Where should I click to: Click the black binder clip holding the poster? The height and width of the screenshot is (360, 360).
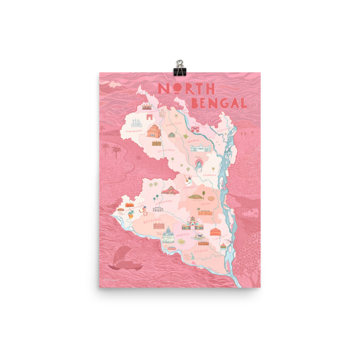(x=179, y=68)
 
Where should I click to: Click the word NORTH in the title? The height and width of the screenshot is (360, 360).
(x=186, y=89)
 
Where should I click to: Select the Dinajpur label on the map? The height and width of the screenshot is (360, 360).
(x=166, y=150)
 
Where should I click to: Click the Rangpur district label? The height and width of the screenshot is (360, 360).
(x=193, y=140)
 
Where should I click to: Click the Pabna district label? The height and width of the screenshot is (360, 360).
(x=202, y=249)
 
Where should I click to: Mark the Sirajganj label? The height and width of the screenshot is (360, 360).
(x=221, y=238)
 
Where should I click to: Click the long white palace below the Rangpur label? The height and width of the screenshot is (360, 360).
(x=201, y=148)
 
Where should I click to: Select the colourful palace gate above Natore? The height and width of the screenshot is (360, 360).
(x=193, y=225)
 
